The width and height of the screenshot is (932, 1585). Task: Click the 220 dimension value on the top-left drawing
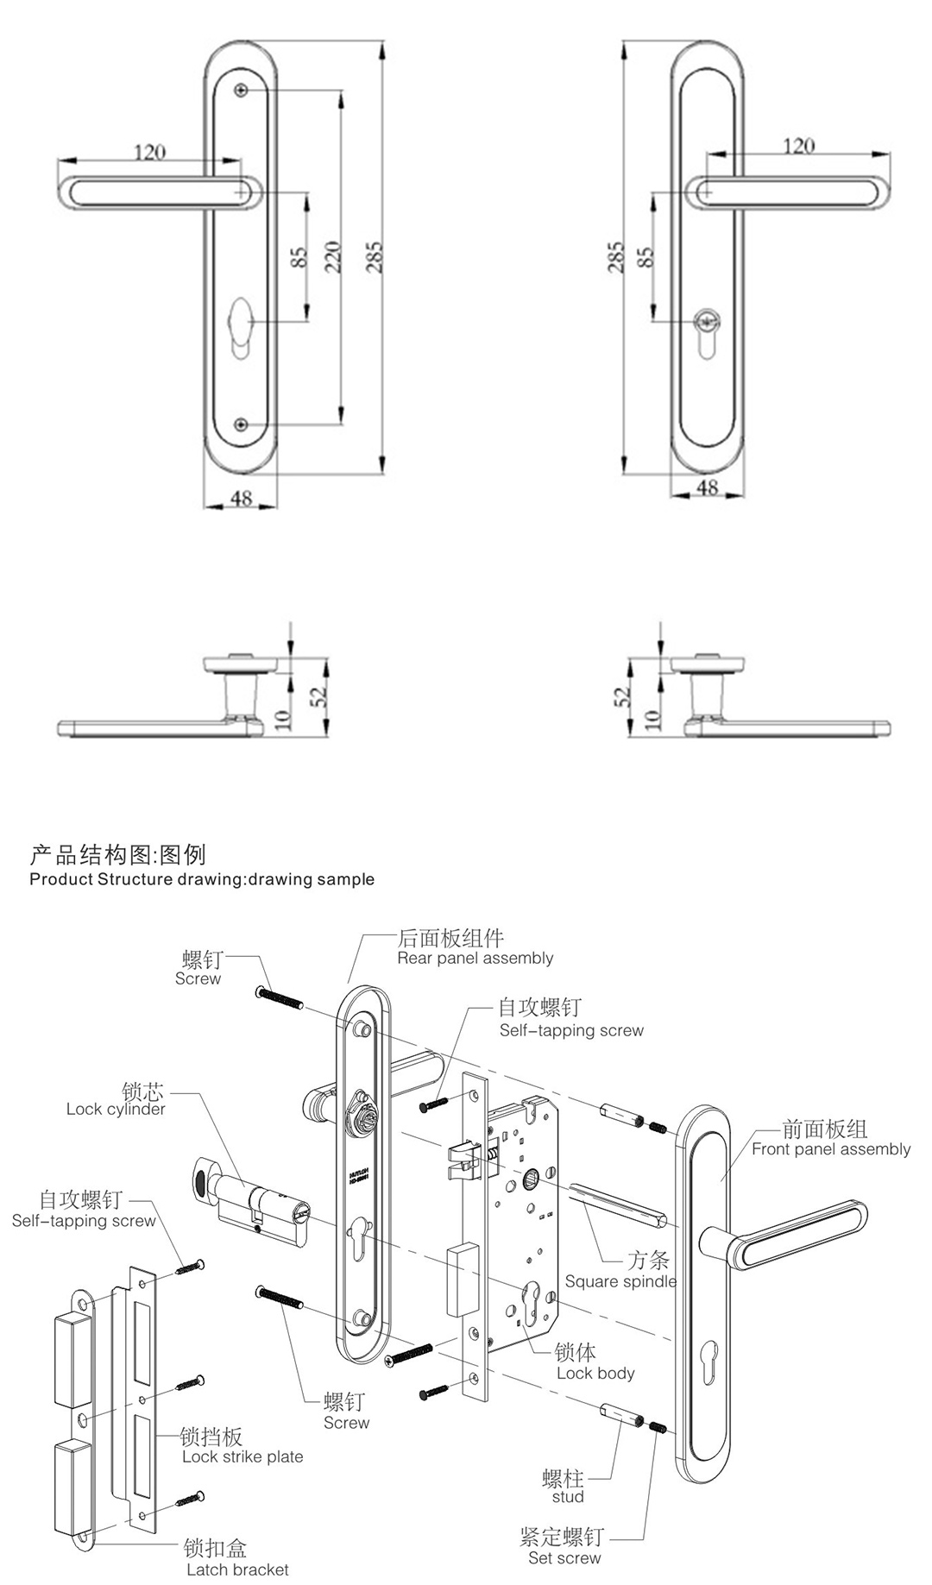click(x=334, y=257)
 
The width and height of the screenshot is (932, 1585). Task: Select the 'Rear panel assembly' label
click(x=475, y=959)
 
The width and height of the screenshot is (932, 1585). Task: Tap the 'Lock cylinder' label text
click(x=116, y=1110)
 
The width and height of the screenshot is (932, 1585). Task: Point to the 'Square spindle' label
click(x=620, y=1281)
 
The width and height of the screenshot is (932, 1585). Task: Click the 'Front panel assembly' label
click(x=830, y=1149)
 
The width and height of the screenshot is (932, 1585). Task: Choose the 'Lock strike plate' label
click(x=242, y=1456)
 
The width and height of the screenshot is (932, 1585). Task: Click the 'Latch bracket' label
click(x=237, y=1569)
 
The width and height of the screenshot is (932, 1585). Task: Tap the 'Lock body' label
click(x=595, y=1373)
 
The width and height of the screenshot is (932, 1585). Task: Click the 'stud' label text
click(x=568, y=1496)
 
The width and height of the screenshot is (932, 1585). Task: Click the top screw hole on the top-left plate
click(x=242, y=90)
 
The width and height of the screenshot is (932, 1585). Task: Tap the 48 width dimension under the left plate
click(x=242, y=498)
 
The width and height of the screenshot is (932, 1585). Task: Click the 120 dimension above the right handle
click(x=798, y=146)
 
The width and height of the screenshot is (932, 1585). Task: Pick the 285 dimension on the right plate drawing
click(x=615, y=257)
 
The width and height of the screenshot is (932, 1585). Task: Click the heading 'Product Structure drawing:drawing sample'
click(x=202, y=879)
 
